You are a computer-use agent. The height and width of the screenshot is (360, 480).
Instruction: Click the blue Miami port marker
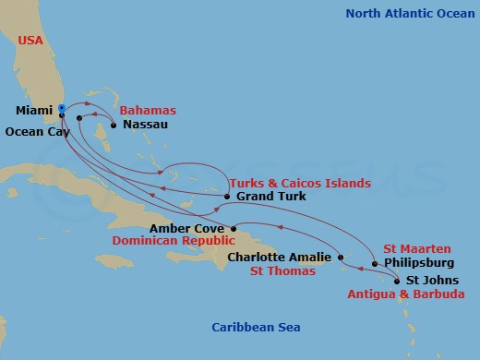(61, 108)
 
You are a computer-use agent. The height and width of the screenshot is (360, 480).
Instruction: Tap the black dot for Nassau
(114, 124)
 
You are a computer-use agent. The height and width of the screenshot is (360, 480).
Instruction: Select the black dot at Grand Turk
(228, 197)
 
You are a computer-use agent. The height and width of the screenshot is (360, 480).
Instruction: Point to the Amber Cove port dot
(234, 228)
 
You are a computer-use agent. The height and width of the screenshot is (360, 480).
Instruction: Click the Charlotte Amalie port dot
(341, 258)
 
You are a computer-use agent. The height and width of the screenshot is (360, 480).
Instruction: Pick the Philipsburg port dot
(375, 264)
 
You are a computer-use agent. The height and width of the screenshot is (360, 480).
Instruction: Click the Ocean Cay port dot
(79, 118)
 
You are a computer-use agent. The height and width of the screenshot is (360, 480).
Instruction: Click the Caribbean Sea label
(256, 328)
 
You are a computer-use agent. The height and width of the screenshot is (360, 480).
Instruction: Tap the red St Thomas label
(283, 271)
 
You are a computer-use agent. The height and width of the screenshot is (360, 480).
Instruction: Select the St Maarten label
(417, 248)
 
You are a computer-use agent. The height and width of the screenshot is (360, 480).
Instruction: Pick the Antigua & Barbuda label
(406, 294)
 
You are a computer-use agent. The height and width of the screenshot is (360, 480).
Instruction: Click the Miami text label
(33, 111)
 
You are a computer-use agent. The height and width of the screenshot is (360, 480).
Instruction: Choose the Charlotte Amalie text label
(280, 258)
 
